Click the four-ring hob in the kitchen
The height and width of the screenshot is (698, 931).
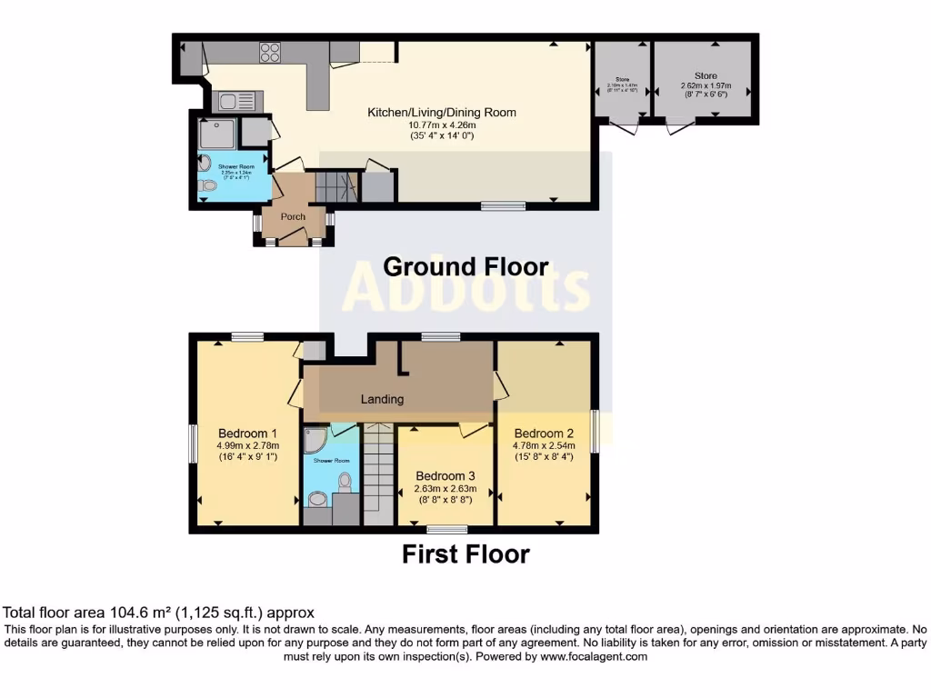(270, 53)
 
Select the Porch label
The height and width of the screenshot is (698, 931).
(293, 216)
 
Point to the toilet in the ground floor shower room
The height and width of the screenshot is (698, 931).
(208, 185)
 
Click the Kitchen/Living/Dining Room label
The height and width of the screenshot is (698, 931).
(441, 113)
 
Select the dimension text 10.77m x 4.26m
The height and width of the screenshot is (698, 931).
(442, 125)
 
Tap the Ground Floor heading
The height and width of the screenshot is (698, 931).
(465, 266)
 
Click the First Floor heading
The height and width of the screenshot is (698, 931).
(465, 553)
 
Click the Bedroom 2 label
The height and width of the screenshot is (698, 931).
(543, 433)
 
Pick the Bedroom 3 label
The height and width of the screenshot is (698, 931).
(445, 475)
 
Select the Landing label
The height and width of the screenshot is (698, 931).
(382, 399)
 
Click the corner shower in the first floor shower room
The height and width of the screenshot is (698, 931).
(315, 440)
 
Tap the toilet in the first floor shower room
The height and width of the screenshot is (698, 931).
(345, 481)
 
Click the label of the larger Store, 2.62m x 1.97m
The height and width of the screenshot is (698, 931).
(706, 76)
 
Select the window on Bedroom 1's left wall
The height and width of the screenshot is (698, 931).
(193, 445)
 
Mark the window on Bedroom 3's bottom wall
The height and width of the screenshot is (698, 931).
(447, 529)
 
